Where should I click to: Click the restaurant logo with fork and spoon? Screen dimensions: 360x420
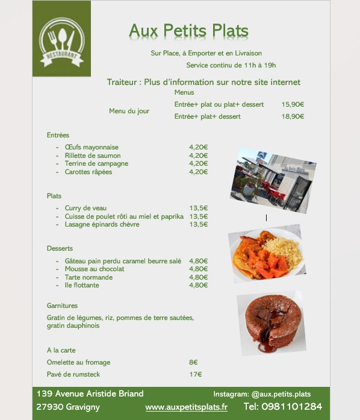tap(61, 40)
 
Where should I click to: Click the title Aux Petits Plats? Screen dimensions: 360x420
tap(188, 31)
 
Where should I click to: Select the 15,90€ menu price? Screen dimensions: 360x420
tap(293, 104)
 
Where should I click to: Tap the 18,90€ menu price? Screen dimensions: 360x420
tap(293, 116)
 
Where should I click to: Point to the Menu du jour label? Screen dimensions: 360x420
tap(129, 111)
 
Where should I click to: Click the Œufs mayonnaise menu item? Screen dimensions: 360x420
tap(92, 147)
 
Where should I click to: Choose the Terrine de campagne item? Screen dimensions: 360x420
tap(96, 163)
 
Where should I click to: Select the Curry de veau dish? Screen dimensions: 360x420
tap(85, 208)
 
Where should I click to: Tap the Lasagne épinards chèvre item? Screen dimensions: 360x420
tap(102, 224)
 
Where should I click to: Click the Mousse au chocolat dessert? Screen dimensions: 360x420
tap(95, 269)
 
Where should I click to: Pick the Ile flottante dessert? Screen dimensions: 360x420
tap(82, 285)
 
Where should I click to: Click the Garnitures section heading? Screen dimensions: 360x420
tap(62, 306)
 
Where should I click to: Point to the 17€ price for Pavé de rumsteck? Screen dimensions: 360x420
tap(195, 374)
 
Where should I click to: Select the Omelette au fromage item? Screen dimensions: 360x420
tap(78, 362)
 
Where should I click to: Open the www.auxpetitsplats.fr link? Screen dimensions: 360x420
tap(187, 407)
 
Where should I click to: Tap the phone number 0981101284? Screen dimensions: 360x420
tap(292, 407)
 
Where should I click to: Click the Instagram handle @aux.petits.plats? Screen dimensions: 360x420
tap(281, 393)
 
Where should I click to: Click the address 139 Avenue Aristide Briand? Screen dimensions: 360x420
tap(90, 393)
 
